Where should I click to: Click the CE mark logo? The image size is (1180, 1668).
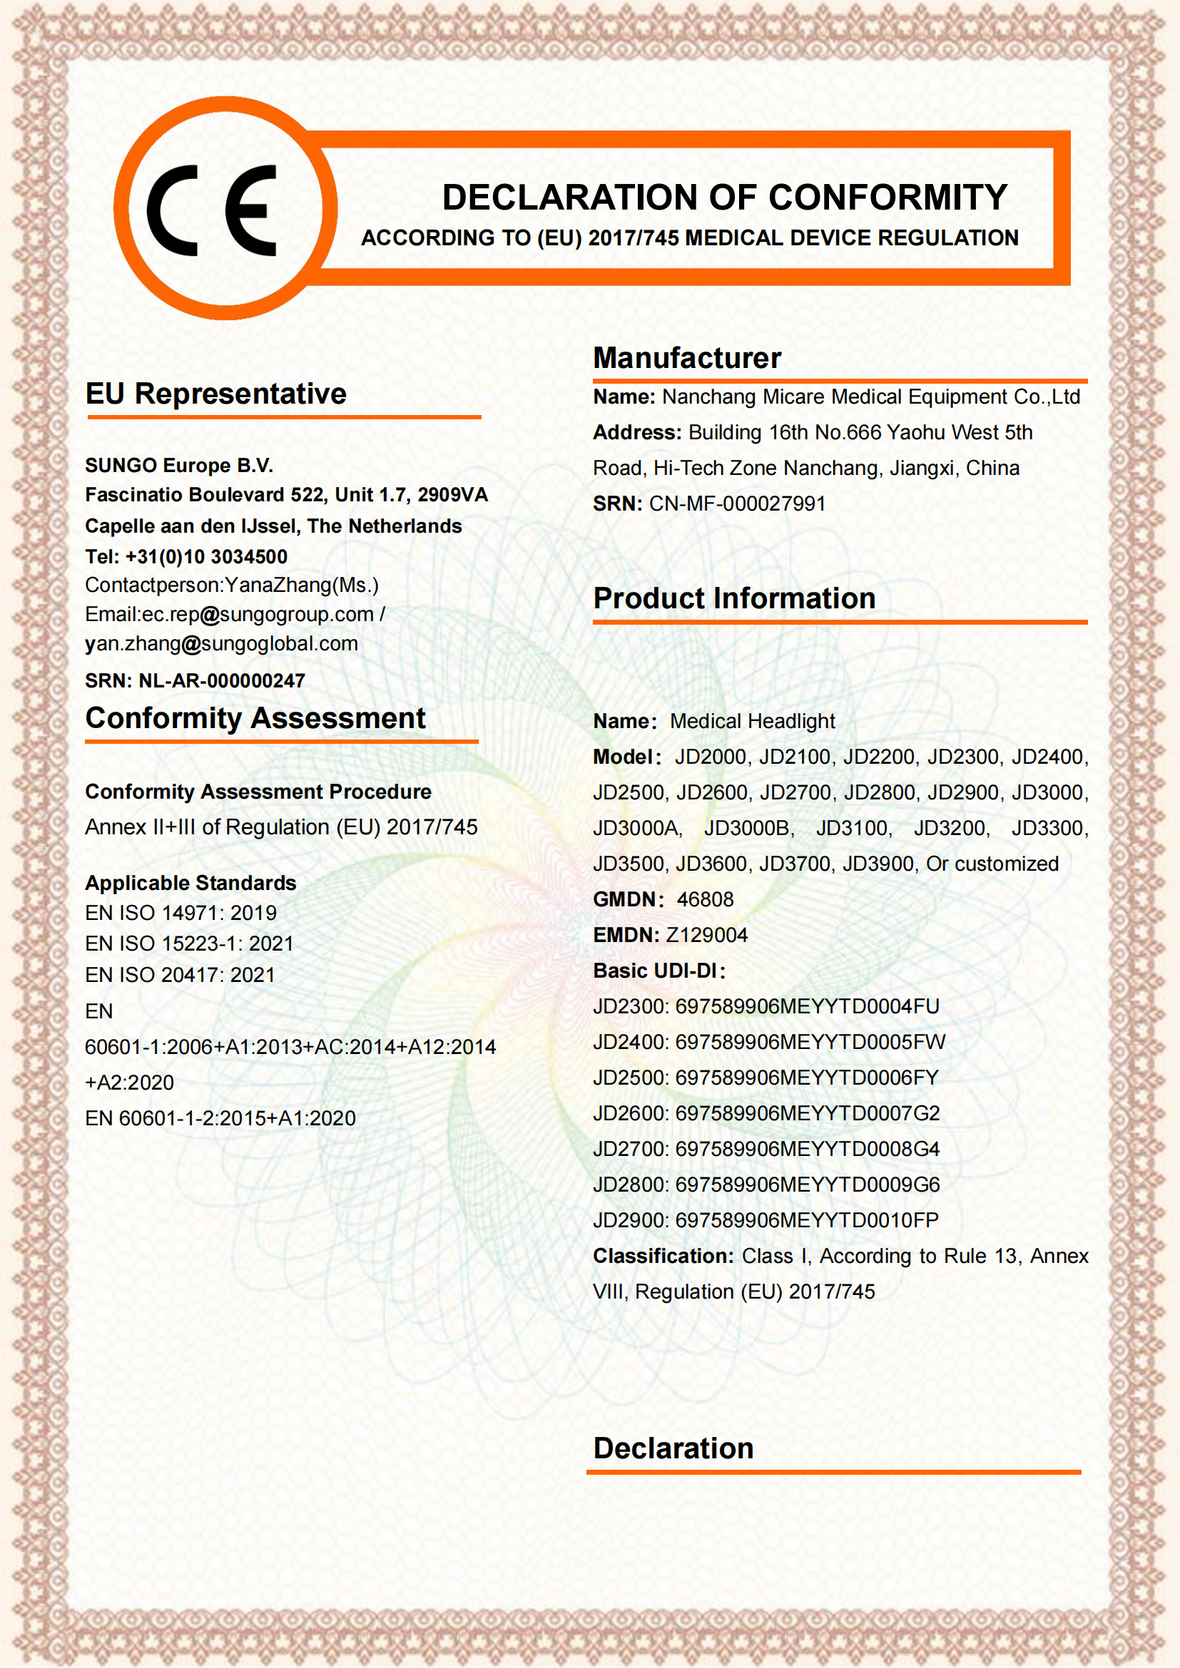click(x=211, y=210)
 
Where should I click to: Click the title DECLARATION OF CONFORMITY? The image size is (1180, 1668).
click(x=724, y=198)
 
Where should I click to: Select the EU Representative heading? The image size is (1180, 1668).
click(x=215, y=394)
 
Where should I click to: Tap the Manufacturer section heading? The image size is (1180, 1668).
click(x=686, y=358)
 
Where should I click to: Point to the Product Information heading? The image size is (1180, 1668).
click(x=734, y=598)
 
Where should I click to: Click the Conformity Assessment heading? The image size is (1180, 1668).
click(x=255, y=719)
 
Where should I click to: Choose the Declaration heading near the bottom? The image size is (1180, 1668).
click(x=673, y=1448)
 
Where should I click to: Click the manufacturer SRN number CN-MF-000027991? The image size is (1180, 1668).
click(x=737, y=503)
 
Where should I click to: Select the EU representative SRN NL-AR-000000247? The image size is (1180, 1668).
click(x=222, y=681)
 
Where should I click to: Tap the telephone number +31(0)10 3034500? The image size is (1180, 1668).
click(x=206, y=557)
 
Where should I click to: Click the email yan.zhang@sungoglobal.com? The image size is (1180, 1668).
click(x=222, y=644)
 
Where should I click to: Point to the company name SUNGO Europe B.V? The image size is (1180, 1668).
click(x=179, y=466)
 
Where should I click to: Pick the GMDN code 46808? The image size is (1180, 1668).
click(x=705, y=899)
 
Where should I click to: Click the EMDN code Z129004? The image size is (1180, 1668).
click(x=706, y=935)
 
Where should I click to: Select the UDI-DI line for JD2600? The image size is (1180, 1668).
click(x=766, y=1113)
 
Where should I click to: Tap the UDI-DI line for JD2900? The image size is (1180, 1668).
click(x=765, y=1219)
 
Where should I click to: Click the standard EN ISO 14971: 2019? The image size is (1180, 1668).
click(x=181, y=914)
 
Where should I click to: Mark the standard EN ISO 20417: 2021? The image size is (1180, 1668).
click(x=180, y=975)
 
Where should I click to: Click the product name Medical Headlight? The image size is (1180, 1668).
click(x=752, y=722)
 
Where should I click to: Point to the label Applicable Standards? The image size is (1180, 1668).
click(x=190, y=883)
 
